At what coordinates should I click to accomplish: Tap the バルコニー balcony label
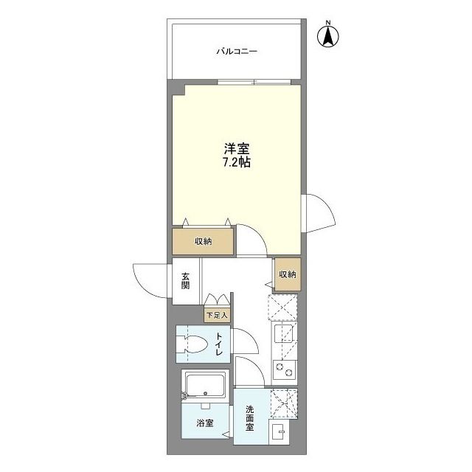click(x=236, y=52)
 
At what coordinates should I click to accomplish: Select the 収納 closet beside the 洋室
click(x=204, y=241)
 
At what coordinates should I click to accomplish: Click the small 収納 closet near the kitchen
click(x=287, y=274)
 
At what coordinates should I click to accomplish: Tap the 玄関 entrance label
click(x=184, y=281)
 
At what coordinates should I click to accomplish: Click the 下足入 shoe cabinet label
click(x=217, y=315)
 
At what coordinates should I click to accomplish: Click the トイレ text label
click(x=218, y=345)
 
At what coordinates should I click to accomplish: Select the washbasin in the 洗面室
click(x=280, y=432)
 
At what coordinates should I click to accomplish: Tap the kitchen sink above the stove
click(x=283, y=337)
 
